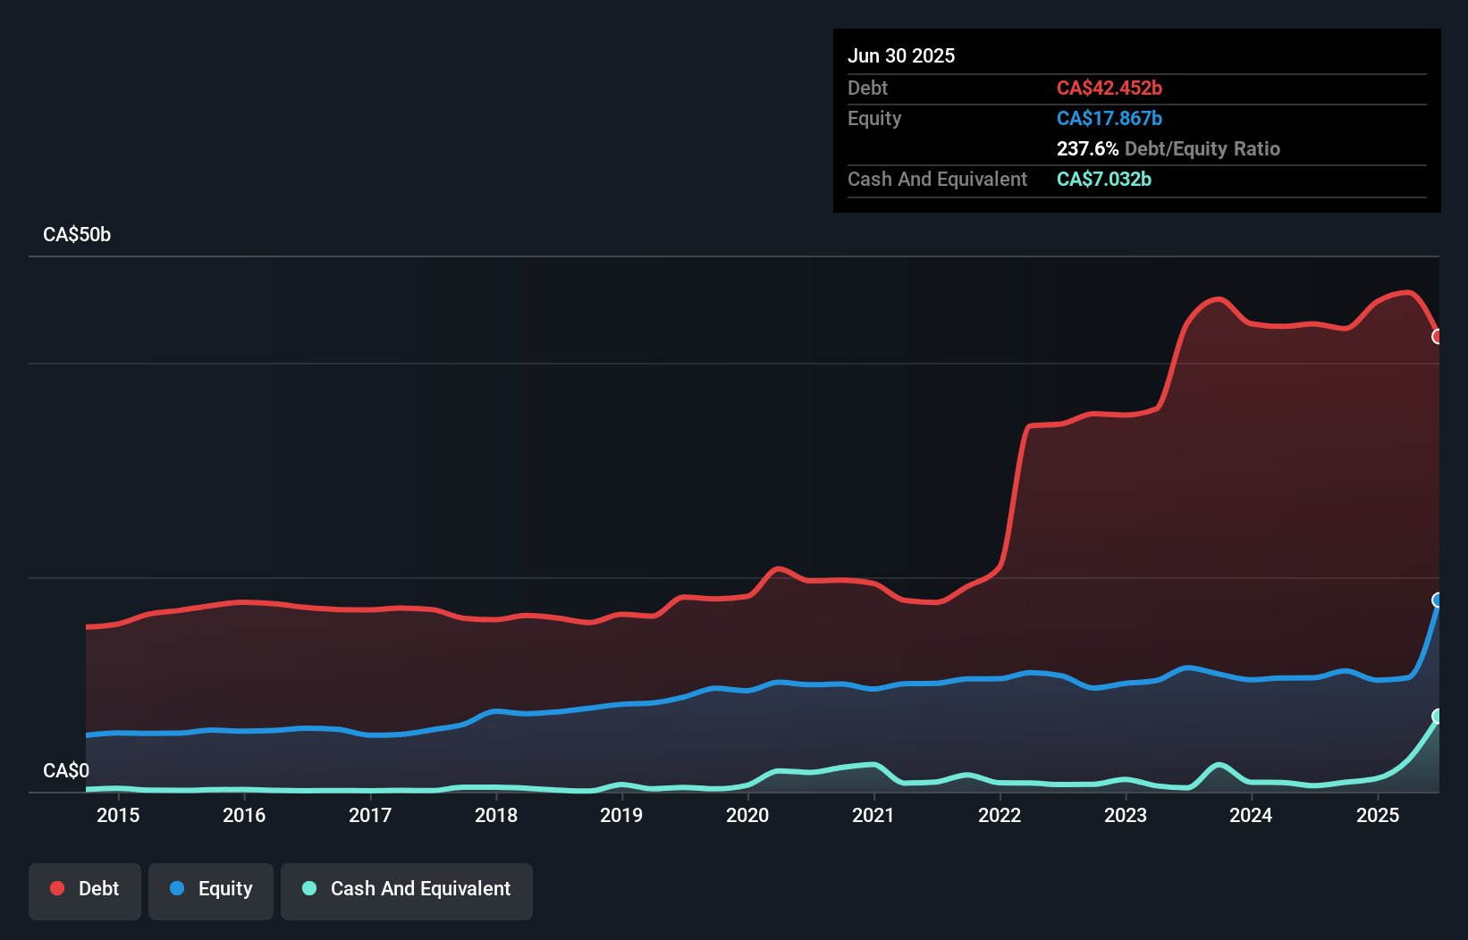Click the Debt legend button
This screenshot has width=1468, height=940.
[85, 890]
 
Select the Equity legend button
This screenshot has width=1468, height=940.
[211, 890]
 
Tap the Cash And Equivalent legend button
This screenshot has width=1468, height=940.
[407, 890]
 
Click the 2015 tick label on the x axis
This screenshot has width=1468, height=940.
[118, 816]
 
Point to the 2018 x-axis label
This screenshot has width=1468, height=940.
[496, 816]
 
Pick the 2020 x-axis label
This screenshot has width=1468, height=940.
[747, 816]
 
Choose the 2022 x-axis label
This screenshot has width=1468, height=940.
[1000, 816]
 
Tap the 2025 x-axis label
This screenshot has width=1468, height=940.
[1378, 816]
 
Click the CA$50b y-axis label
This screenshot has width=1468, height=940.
[77, 235]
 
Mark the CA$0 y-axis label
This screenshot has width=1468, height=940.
[66, 770]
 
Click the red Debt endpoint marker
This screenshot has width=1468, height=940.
[1438, 337]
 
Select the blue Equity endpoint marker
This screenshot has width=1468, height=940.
[1438, 600]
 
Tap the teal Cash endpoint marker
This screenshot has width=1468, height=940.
[1438, 717]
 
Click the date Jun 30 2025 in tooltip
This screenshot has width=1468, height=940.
[901, 56]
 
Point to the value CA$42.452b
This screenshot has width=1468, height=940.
[1109, 88]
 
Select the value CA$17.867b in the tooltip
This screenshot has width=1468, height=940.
[1109, 119]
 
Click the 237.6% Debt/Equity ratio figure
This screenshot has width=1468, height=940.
[1088, 149]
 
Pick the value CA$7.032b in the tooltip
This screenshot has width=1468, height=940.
[1104, 180]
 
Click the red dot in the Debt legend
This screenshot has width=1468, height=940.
[57, 888]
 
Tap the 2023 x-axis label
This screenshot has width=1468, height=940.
[1126, 816]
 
